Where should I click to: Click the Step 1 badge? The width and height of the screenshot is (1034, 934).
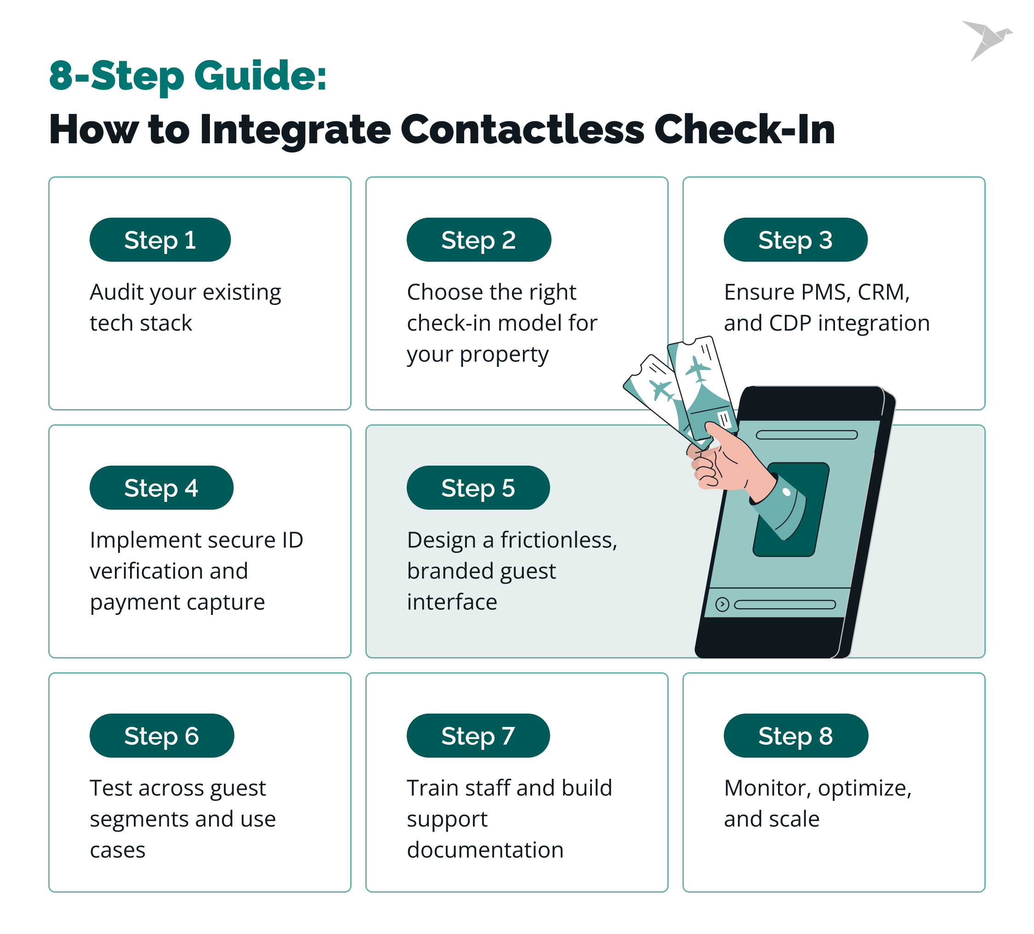tap(160, 240)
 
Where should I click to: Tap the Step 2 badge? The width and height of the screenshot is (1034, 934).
tap(478, 240)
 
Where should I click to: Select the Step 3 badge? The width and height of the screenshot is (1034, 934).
tap(795, 240)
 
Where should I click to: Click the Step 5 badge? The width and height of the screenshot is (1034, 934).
tap(478, 488)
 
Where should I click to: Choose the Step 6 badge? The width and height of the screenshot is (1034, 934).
tap(162, 736)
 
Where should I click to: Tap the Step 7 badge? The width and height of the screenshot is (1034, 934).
tap(478, 736)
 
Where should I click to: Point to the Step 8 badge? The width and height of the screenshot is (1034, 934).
tap(795, 736)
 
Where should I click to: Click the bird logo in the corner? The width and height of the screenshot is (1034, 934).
tap(986, 40)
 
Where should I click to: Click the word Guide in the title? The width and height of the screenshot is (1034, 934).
tap(261, 76)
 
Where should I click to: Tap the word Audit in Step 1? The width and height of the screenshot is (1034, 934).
tap(117, 292)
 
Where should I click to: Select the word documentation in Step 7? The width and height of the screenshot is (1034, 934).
tap(485, 850)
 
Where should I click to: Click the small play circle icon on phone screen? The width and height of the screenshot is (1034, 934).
tap(722, 604)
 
